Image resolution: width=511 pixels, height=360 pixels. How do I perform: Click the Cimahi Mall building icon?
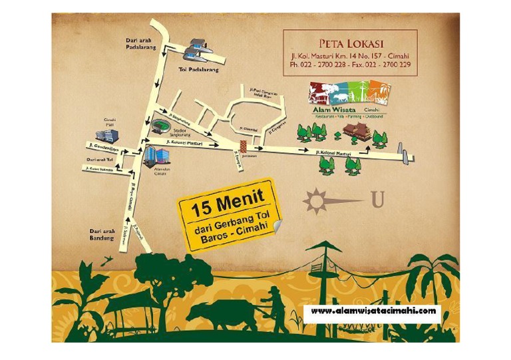pyautogui.click(x=107, y=135)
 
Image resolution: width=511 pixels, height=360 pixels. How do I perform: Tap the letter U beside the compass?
pyautogui.click(x=377, y=200)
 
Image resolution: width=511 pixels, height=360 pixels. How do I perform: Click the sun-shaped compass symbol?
pyautogui.click(x=317, y=200)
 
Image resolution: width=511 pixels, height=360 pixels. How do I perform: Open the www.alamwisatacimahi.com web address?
pyautogui.click(x=373, y=311)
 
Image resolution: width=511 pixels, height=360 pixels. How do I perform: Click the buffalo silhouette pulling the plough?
pyautogui.click(x=220, y=313)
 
